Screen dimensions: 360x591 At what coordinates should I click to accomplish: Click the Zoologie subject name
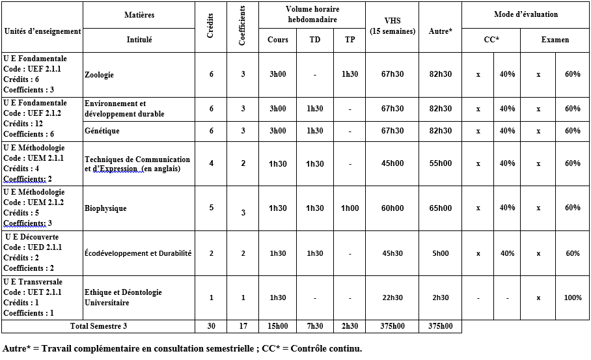coord(99,75)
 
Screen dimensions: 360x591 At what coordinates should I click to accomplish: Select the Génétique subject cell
coord(102,131)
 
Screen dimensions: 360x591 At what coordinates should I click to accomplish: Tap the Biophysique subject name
coord(105,208)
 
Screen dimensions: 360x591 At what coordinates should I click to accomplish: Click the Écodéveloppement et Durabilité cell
coord(138,253)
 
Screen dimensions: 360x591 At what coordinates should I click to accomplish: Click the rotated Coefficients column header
coord(243,27)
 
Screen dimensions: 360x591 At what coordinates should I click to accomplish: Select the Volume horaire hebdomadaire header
coord(312,14)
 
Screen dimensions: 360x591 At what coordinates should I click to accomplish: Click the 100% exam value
coord(573,298)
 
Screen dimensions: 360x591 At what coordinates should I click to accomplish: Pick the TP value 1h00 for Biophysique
coord(350,208)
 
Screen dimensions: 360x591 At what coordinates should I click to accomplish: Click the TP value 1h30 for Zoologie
coord(350,74)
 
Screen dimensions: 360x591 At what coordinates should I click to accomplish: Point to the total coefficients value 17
coord(243,326)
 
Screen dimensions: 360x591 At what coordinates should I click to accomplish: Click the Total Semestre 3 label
coord(99,326)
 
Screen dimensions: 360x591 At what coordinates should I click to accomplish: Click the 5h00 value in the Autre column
coord(441,253)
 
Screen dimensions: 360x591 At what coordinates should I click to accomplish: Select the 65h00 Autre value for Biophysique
coord(441,208)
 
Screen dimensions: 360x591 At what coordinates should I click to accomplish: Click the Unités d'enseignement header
coord(42,31)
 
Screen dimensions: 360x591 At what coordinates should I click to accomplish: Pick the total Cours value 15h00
coord(278,326)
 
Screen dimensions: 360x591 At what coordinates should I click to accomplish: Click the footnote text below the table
coord(182,348)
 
